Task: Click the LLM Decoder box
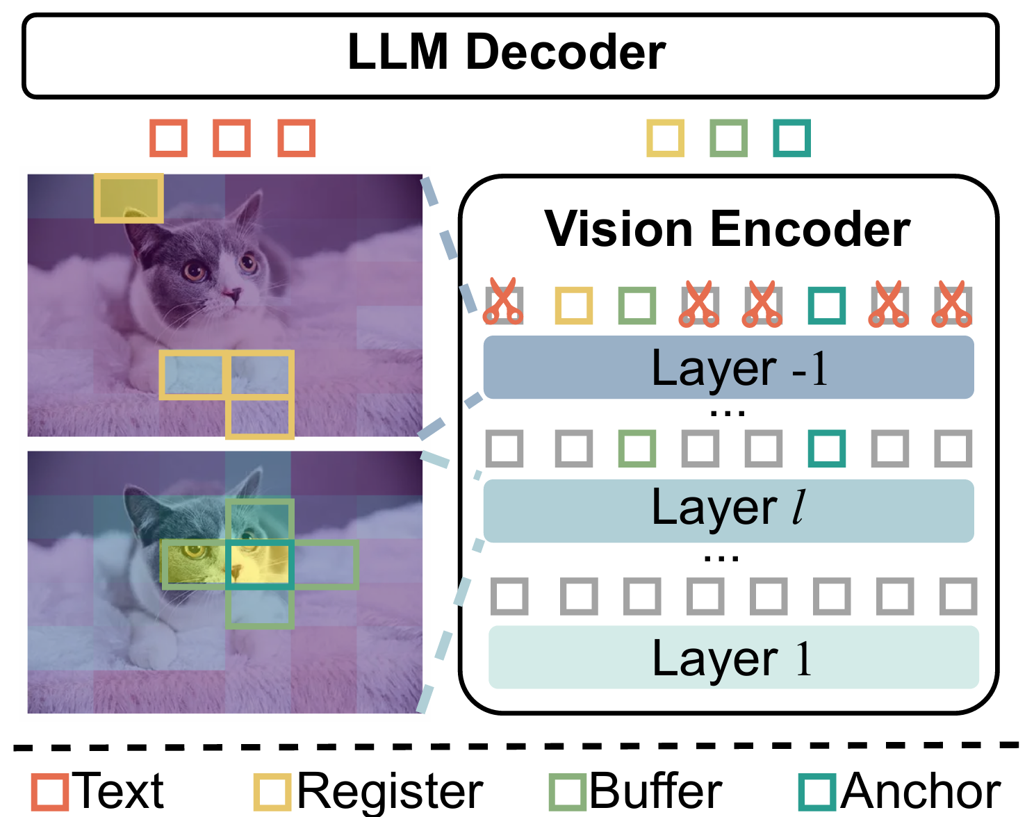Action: click(x=511, y=56)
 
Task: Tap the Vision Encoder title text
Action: click(x=727, y=229)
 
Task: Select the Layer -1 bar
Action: click(x=728, y=368)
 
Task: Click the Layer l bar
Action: click(x=728, y=510)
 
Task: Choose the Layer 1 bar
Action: click(x=733, y=657)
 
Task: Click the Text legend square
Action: click(x=50, y=791)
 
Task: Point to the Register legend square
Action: click(x=272, y=791)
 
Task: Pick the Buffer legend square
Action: click(x=567, y=791)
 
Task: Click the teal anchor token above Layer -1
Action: click(x=827, y=306)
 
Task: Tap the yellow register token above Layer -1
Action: click(x=574, y=306)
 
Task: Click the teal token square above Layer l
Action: click(x=827, y=448)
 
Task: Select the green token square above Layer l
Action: click(x=637, y=448)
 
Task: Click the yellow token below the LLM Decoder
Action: click(x=666, y=138)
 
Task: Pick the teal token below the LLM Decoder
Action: click(x=792, y=138)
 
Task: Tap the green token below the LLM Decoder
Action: click(x=729, y=138)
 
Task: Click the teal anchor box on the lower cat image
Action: click(x=259, y=564)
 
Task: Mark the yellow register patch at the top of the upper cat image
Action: click(x=129, y=198)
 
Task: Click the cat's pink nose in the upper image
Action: click(x=232, y=295)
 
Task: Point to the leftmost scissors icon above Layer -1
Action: click(x=503, y=303)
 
